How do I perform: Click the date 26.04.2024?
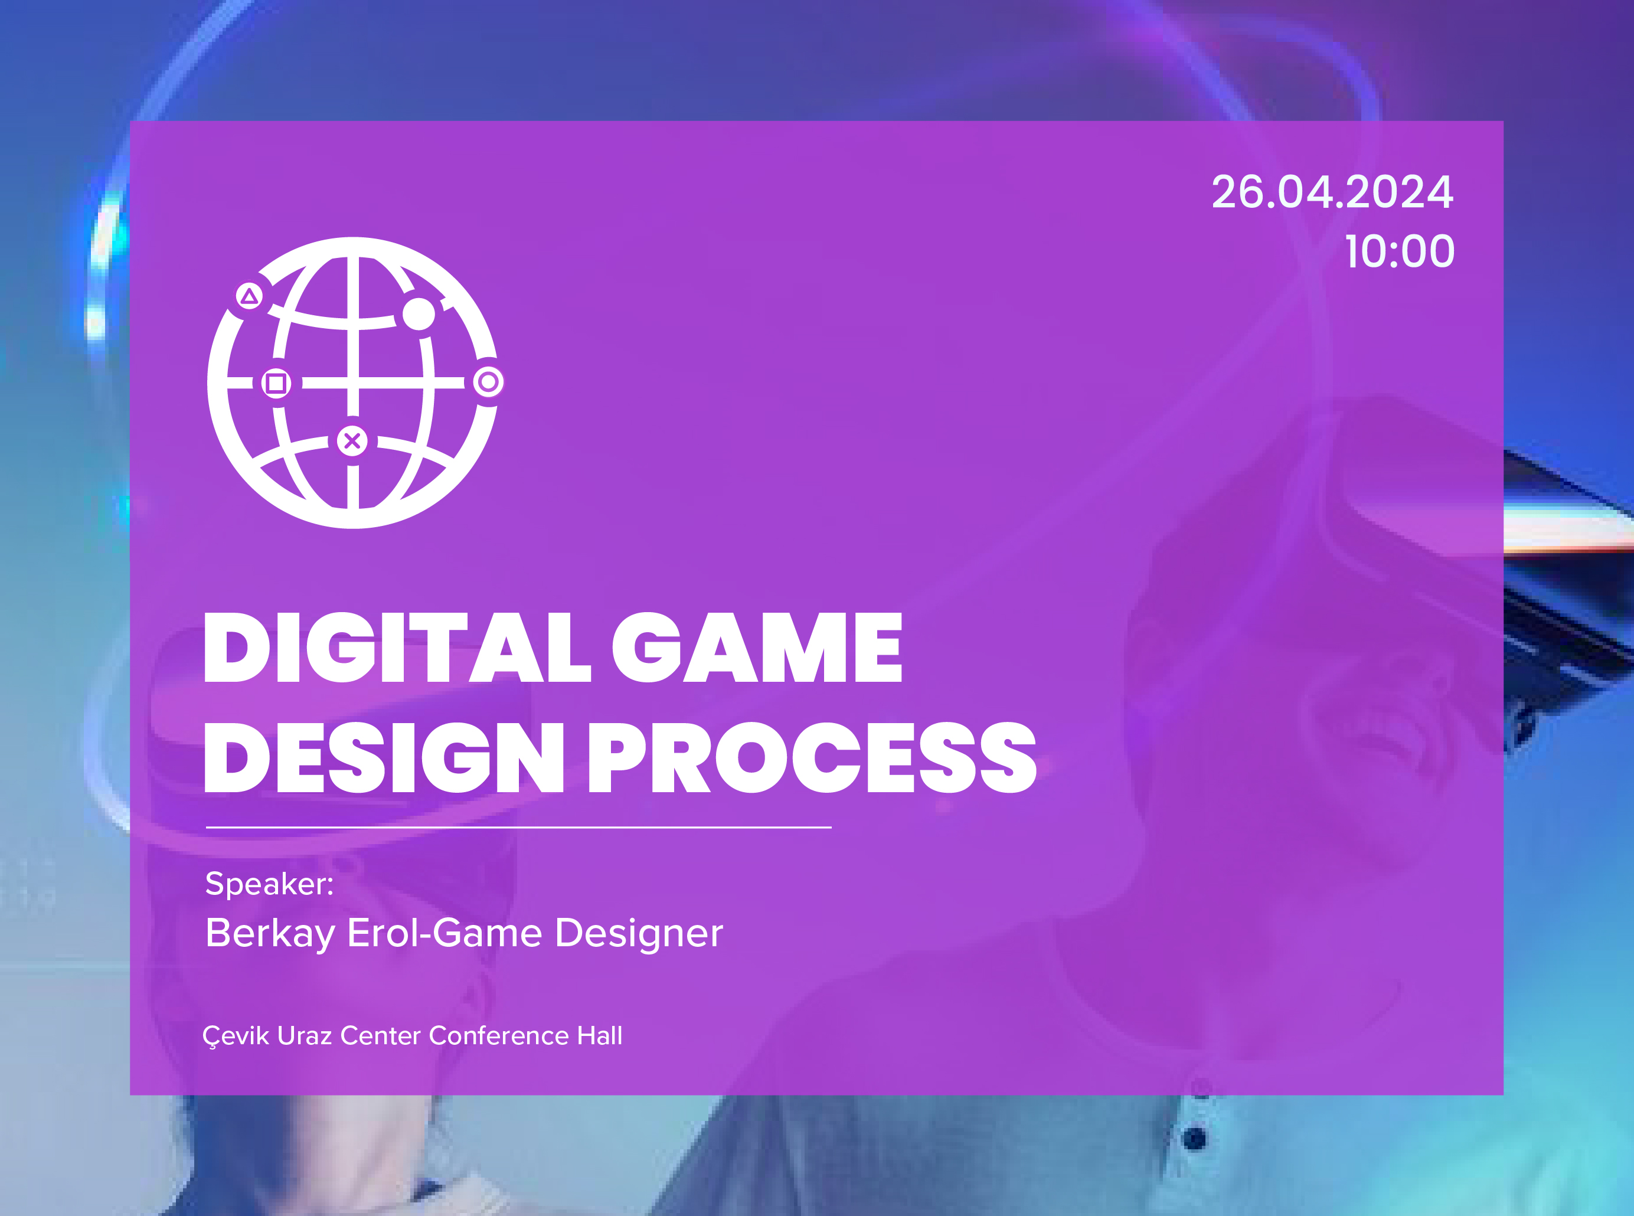click(x=1332, y=193)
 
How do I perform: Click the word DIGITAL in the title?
click(x=397, y=648)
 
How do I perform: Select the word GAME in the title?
click(x=757, y=648)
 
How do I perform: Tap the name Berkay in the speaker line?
click(x=270, y=934)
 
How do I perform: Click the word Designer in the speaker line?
click(x=639, y=934)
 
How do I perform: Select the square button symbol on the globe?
click(x=276, y=383)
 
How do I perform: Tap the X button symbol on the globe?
click(x=352, y=441)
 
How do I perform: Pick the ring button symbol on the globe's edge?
click(x=488, y=382)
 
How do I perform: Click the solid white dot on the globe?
click(x=419, y=314)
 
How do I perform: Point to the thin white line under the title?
click(x=519, y=828)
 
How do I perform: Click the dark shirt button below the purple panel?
click(x=1195, y=1139)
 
